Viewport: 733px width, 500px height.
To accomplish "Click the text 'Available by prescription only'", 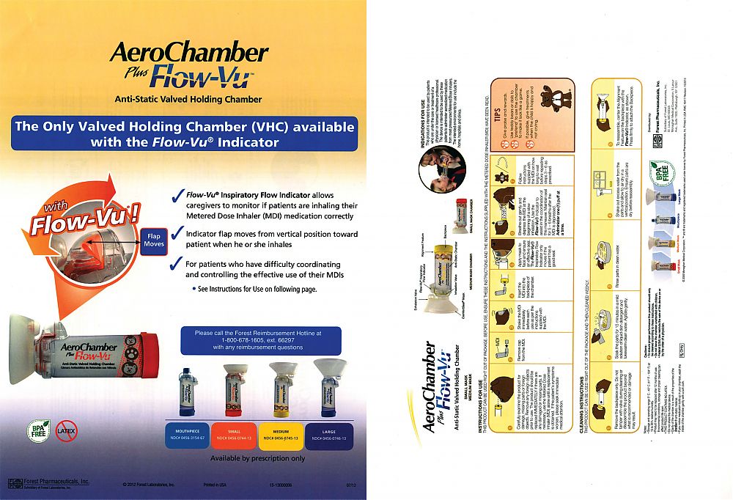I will pyautogui.click(x=257, y=458).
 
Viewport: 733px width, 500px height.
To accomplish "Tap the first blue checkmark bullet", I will pyautogui.click(x=175, y=196).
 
